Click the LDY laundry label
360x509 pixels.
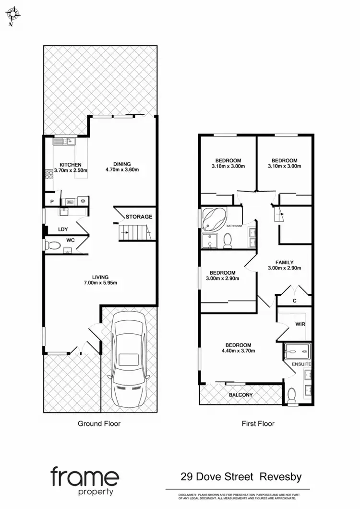pos(63,229)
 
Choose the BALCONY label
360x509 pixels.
pos(240,395)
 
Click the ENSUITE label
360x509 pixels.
pos(302,364)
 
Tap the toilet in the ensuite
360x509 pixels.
pos(291,395)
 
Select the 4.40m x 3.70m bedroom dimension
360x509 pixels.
pos(238,351)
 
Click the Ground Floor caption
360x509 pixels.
pos(99,424)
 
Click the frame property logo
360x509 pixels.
pos(84,481)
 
